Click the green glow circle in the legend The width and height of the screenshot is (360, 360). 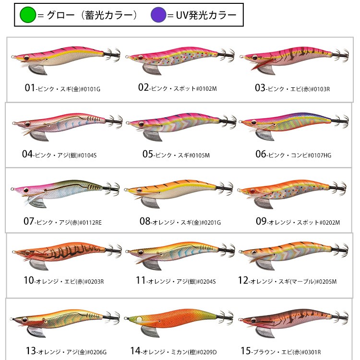[28, 15]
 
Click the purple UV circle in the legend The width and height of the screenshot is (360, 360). [158, 15]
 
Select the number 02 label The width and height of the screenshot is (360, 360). [144, 87]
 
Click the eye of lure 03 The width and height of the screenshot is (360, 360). [255, 57]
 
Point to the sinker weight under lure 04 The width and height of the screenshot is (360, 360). [39, 136]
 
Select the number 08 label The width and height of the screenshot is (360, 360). [145, 221]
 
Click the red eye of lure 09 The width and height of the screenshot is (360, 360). [253, 191]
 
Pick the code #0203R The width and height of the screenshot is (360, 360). [95, 281]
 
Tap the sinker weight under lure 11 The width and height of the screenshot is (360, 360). [152, 264]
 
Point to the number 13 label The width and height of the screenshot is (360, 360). [31, 350]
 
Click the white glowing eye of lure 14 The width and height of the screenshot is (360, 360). [139, 319]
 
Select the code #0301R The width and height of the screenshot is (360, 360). [312, 352]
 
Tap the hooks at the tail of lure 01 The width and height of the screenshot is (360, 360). [112, 55]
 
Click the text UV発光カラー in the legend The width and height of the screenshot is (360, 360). [206, 15]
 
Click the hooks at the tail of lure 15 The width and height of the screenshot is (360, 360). [340, 317]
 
